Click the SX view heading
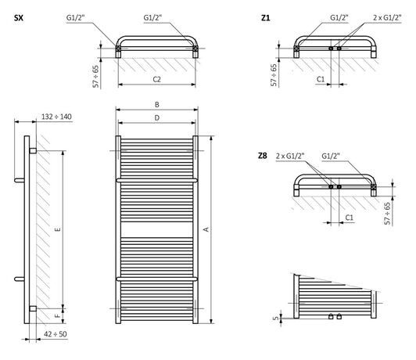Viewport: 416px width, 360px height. pyautogui.click(x=19, y=18)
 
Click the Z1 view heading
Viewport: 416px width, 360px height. pyautogui.click(x=265, y=18)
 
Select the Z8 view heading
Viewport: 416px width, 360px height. pyautogui.click(x=263, y=156)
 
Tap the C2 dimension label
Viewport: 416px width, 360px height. pyautogui.click(x=157, y=79)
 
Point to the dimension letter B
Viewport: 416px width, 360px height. pyautogui.click(x=157, y=105)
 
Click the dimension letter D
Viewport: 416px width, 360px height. pyautogui.click(x=157, y=117)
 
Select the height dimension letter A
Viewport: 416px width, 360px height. pyautogui.click(x=206, y=229)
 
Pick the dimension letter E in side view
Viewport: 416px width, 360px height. pyautogui.click(x=58, y=229)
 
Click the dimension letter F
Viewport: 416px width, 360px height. pyautogui.click(x=58, y=315)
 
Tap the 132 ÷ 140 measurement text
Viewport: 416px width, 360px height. pyautogui.click(x=56, y=117)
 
